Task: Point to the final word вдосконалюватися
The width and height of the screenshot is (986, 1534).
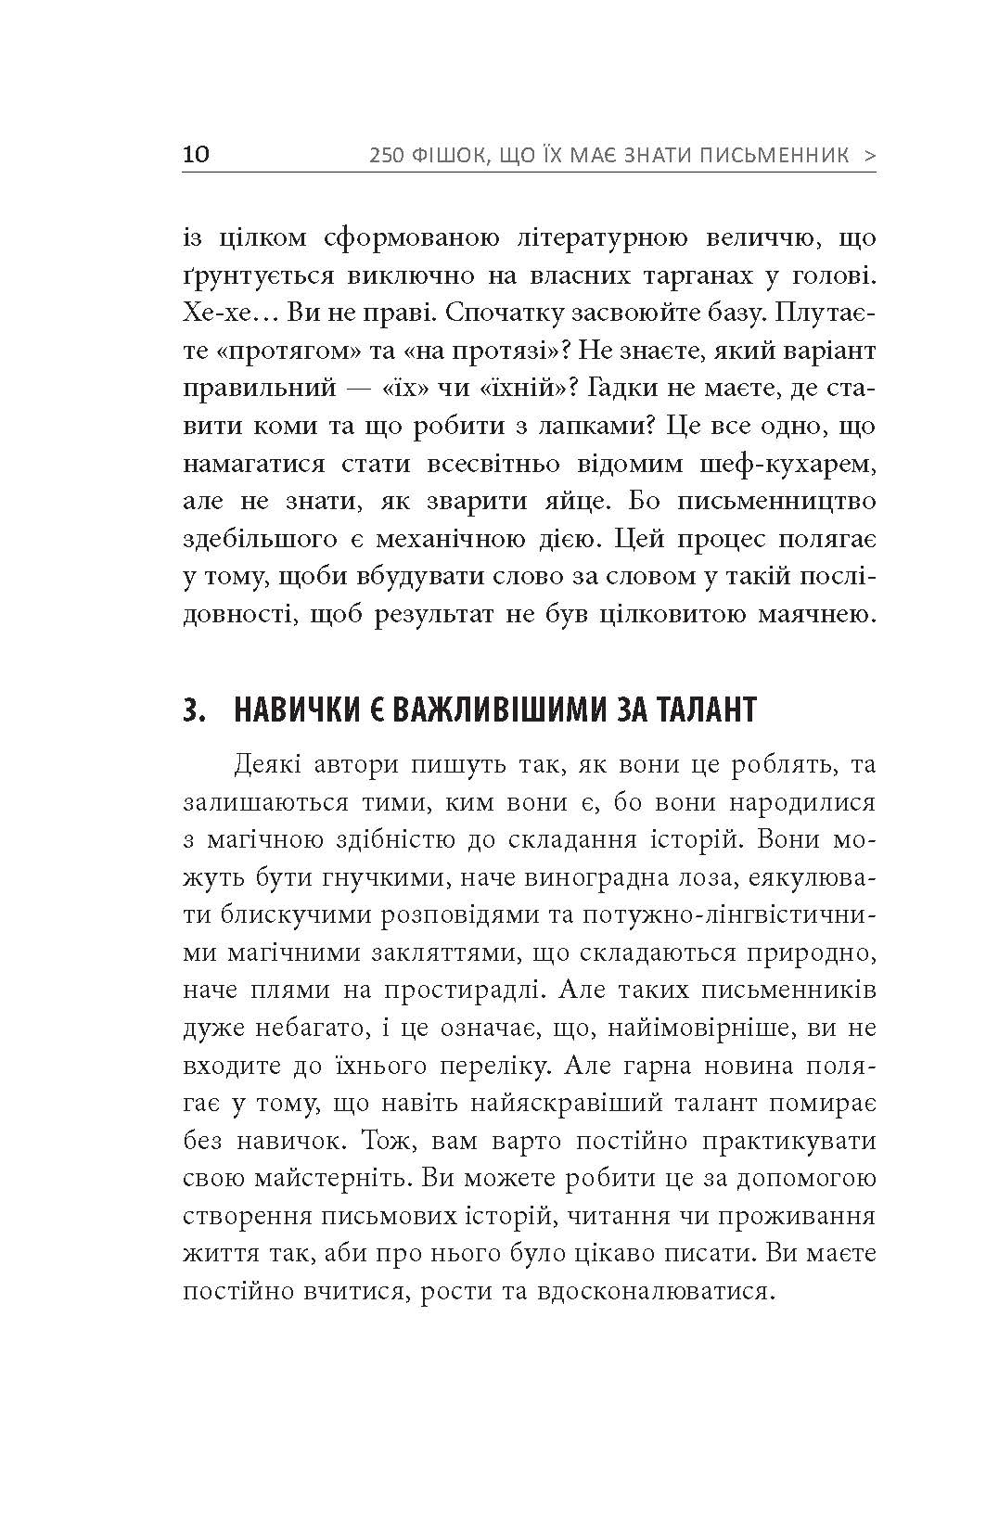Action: click(652, 1291)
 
